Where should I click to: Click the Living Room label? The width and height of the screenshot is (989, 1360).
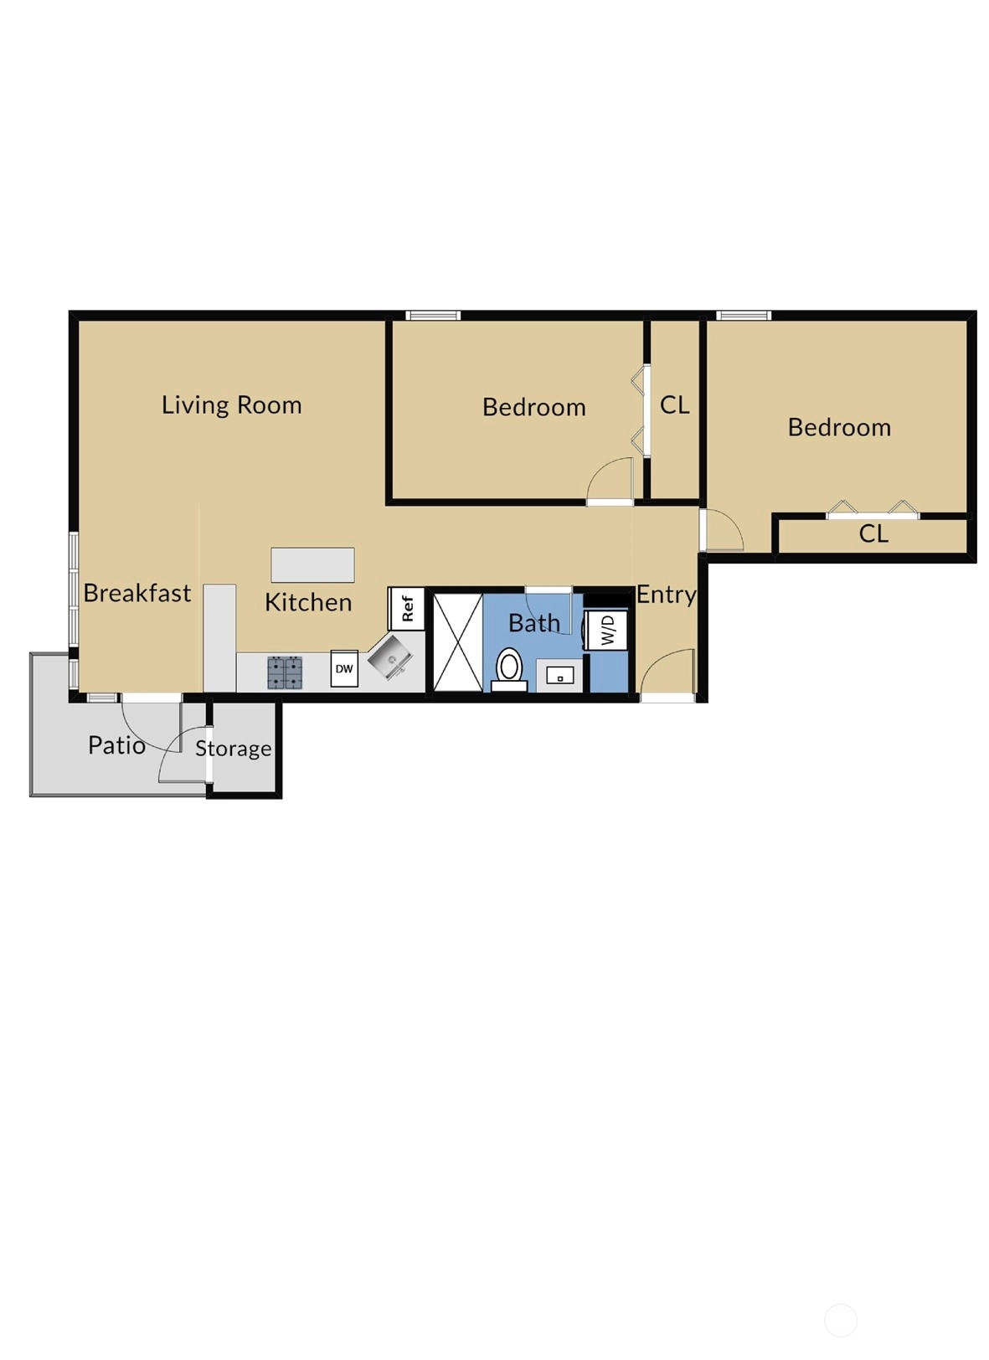coord(231,405)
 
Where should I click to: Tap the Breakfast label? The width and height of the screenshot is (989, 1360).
coord(137,593)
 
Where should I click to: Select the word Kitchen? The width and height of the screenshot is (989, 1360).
coord(308,602)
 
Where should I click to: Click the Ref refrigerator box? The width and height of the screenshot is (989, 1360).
coord(406,608)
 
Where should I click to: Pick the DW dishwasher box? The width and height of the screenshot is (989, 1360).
coord(344,668)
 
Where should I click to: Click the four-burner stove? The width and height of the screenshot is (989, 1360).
coord(285,672)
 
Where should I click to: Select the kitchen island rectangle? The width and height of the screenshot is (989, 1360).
coord(312,564)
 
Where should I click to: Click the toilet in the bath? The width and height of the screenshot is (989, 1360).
coord(509,670)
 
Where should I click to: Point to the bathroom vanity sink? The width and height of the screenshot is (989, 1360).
coord(559,675)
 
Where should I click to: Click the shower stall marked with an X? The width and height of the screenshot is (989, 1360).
coord(458,642)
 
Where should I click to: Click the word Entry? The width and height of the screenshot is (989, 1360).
coord(666,595)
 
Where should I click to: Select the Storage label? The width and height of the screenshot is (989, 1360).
coord(233,749)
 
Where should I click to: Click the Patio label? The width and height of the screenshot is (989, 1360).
coord(116,745)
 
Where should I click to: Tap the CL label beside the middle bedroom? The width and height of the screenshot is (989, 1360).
coord(674,405)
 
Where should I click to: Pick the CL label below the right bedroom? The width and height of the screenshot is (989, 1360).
coord(873,533)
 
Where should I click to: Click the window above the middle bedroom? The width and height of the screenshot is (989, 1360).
coord(433,315)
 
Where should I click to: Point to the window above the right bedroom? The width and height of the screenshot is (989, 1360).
coord(744,315)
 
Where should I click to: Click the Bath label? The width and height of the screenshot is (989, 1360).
coord(534,623)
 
